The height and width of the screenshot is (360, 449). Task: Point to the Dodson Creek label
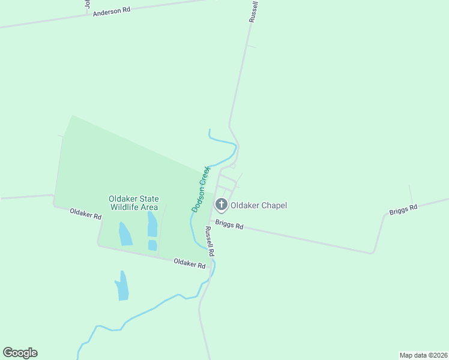tap(200, 189)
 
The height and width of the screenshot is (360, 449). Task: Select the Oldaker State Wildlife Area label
tap(133, 203)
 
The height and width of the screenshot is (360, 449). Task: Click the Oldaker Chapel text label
tap(259, 205)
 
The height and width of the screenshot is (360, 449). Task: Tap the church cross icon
tap(221, 205)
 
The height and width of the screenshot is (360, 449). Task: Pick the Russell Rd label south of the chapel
tap(209, 242)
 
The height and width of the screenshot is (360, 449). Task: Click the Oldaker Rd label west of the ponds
tap(85, 214)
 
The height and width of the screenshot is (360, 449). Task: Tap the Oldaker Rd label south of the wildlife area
tap(190, 263)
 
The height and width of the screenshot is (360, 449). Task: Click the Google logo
tap(20, 353)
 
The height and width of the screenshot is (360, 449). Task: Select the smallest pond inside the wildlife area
tap(152, 245)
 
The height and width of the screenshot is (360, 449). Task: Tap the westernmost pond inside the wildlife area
tap(125, 233)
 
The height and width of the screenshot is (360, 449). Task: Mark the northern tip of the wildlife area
tap(73, 116)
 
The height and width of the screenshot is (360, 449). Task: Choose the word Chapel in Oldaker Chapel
tap(273, 205)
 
